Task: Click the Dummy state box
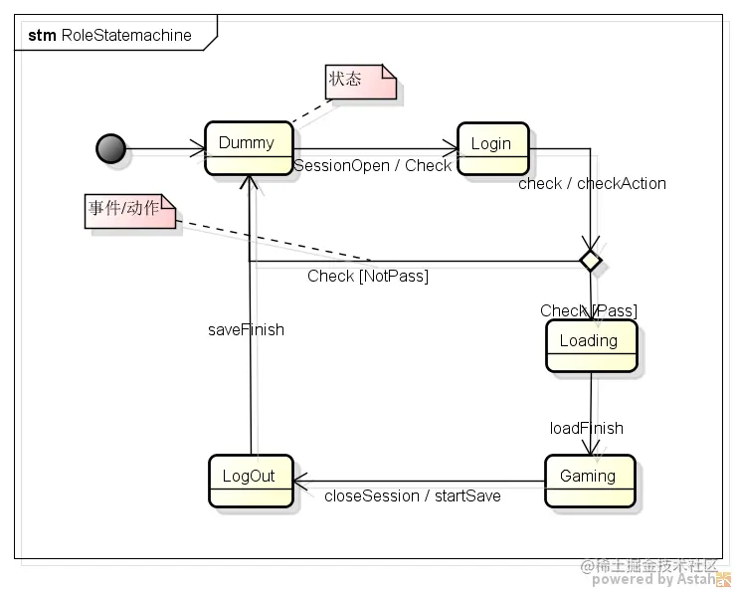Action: [x=249, y=148]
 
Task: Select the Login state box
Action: [x=493, y=149]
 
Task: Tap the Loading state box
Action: [x=592, y=346]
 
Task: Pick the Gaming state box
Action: [x=590, y=482]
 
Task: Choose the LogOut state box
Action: [x=251, y=482]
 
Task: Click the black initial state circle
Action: [x=110, y=149]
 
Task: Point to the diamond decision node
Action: [x=591, y=261]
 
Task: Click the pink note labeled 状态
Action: [x=360, y=82]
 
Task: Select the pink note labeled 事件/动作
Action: [x=130, y=211]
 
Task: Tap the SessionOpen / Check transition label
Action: [x=372, y=166]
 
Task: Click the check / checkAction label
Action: [x=592, y=183]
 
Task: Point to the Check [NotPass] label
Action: [x=368, y=276]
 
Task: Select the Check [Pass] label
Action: [x=589, y=310]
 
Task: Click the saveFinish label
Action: [x=246, y=329]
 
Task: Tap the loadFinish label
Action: [x=586, y=428]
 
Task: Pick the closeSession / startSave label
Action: [x=413, y=495]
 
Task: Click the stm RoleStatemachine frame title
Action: [x=109, y=35]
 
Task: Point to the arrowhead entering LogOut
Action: [x=300, y=482]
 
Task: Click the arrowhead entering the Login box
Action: [x=451, y=149]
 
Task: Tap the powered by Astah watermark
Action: [x=654, y=579]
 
